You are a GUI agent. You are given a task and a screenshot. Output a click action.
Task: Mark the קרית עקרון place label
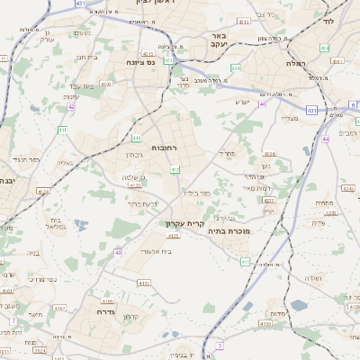click(184, 222)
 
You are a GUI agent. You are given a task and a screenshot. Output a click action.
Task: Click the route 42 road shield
click(70, 106)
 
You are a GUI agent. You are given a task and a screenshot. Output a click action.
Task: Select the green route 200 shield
click(237, 67)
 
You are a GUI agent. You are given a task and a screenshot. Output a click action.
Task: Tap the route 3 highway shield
click(219, 345)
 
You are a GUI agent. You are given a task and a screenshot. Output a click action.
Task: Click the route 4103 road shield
click(144, 283)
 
